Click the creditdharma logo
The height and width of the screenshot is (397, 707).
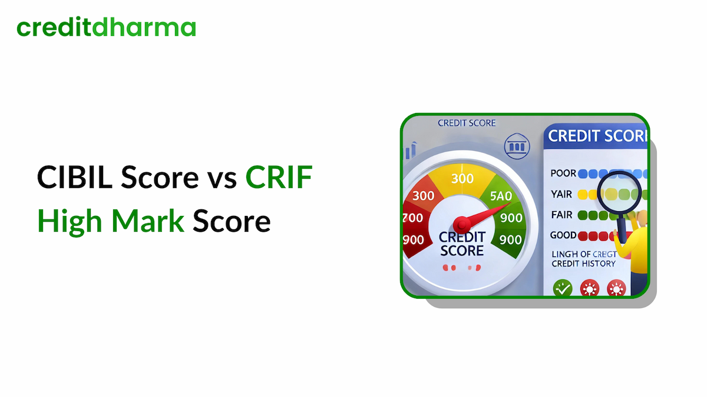point(106,28)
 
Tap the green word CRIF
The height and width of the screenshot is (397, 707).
point(279,177)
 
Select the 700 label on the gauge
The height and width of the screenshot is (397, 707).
point(413,218)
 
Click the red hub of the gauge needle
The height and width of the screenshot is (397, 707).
point(461,224)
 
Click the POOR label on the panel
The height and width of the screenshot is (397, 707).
point(563,174)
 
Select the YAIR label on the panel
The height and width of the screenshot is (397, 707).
point(562,194)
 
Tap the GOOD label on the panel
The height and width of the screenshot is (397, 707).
point(563,235)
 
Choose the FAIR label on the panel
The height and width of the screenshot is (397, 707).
point(562,215)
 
